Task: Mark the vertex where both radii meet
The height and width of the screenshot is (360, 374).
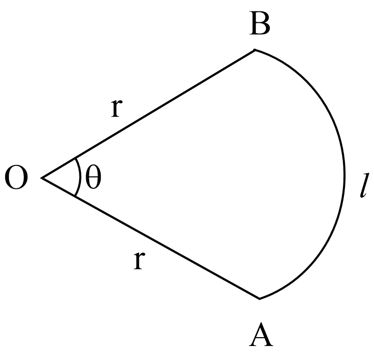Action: point(41,178)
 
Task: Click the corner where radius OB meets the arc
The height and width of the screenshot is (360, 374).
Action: point(254,50)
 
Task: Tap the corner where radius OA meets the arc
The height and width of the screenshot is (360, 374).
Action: point(259,299)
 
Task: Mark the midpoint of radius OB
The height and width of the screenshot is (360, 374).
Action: point(148,114)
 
